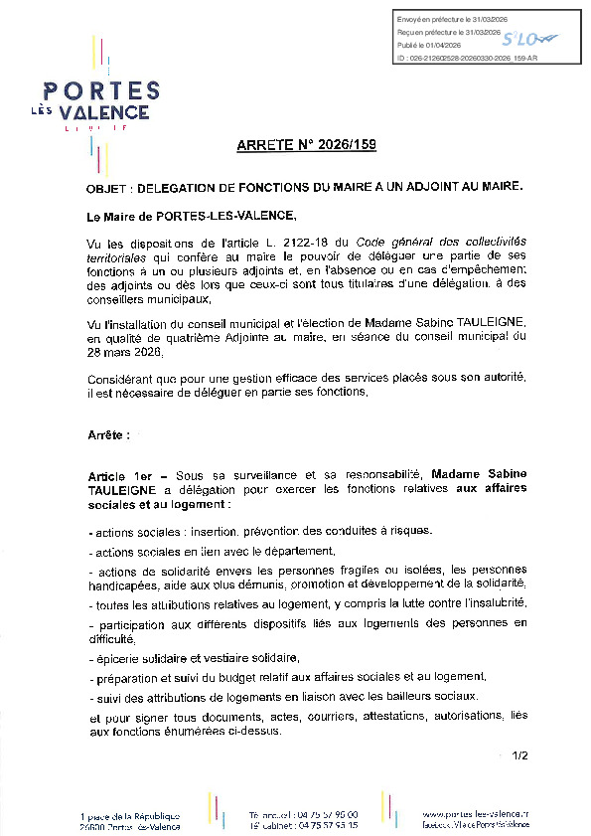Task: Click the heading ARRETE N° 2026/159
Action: pyautogui.click(x=306, y=146)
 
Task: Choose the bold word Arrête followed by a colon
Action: pyautogui.click(x=108, y=435)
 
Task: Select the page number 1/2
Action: pyautogui.click(x=521, y=756)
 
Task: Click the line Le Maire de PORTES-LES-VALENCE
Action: pyautogui.click(x=192, y=216)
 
